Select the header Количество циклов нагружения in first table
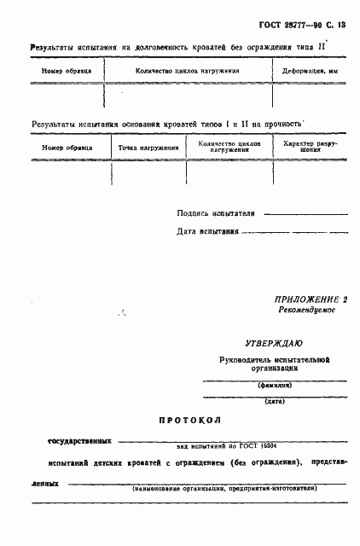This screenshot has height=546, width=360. tap(188, 72)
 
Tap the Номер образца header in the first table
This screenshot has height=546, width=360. tap(66, 72)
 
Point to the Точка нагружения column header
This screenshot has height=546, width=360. tap(149, 148)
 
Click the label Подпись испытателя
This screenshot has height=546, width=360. tap(216, 213)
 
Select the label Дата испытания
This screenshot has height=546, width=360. tap(208, 231)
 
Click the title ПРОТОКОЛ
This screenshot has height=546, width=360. tap(189, 421)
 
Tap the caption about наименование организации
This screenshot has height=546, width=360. tap(224, 488)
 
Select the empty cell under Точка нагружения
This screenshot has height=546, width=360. tap(149, 172)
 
